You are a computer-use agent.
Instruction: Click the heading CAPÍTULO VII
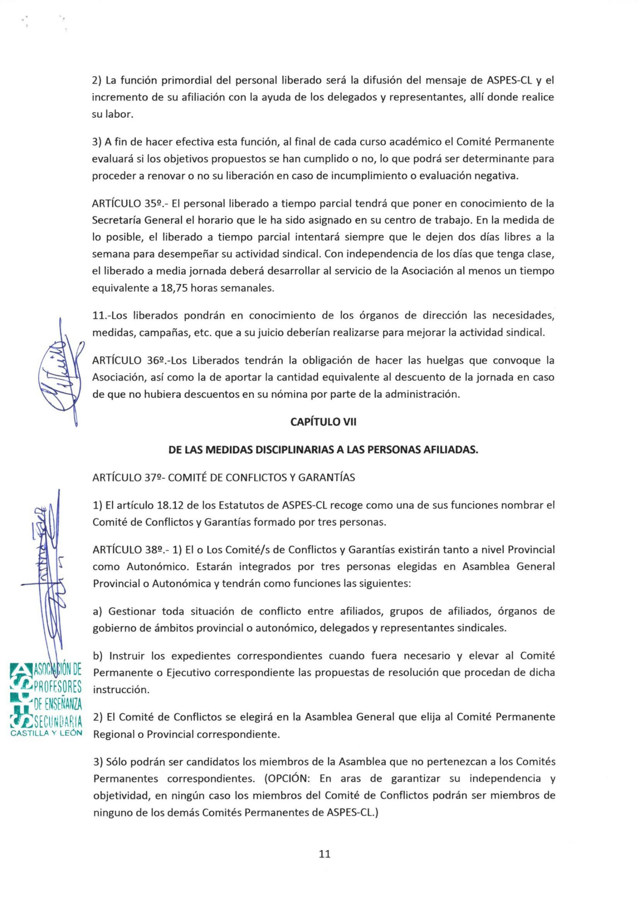pos(323,422)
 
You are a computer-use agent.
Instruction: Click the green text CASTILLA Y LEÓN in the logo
pos(47,733)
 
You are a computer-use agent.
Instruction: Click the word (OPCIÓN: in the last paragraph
pos(289,779)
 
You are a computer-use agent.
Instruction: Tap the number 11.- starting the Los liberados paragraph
pos(102,316)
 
